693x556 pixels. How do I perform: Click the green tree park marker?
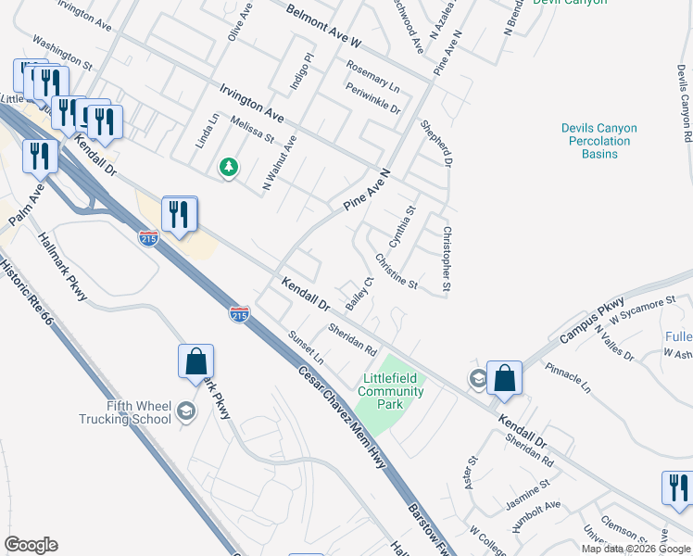(228, 167)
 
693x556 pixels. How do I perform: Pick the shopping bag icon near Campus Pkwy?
(504, 377)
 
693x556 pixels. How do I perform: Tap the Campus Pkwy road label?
(598, 318)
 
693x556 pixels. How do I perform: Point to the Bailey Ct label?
(359, 292)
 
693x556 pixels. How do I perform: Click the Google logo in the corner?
(31, 545)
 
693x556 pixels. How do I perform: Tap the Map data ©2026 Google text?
(636, 549)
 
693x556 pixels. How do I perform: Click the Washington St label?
(62, 54)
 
